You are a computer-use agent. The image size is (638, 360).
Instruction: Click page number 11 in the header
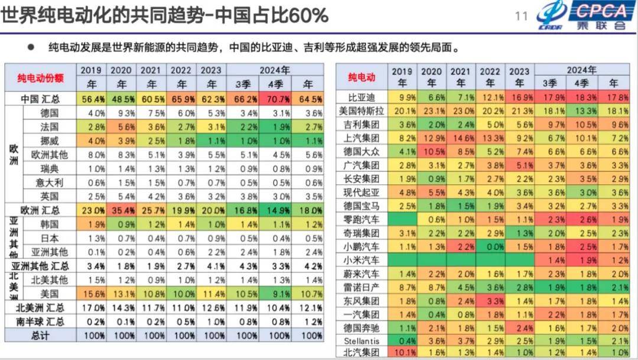click(x=522, y=16)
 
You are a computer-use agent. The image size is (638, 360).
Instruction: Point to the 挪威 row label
click(x=48, y=140)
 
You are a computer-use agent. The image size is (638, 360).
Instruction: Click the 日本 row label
click(x=48, y=238)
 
